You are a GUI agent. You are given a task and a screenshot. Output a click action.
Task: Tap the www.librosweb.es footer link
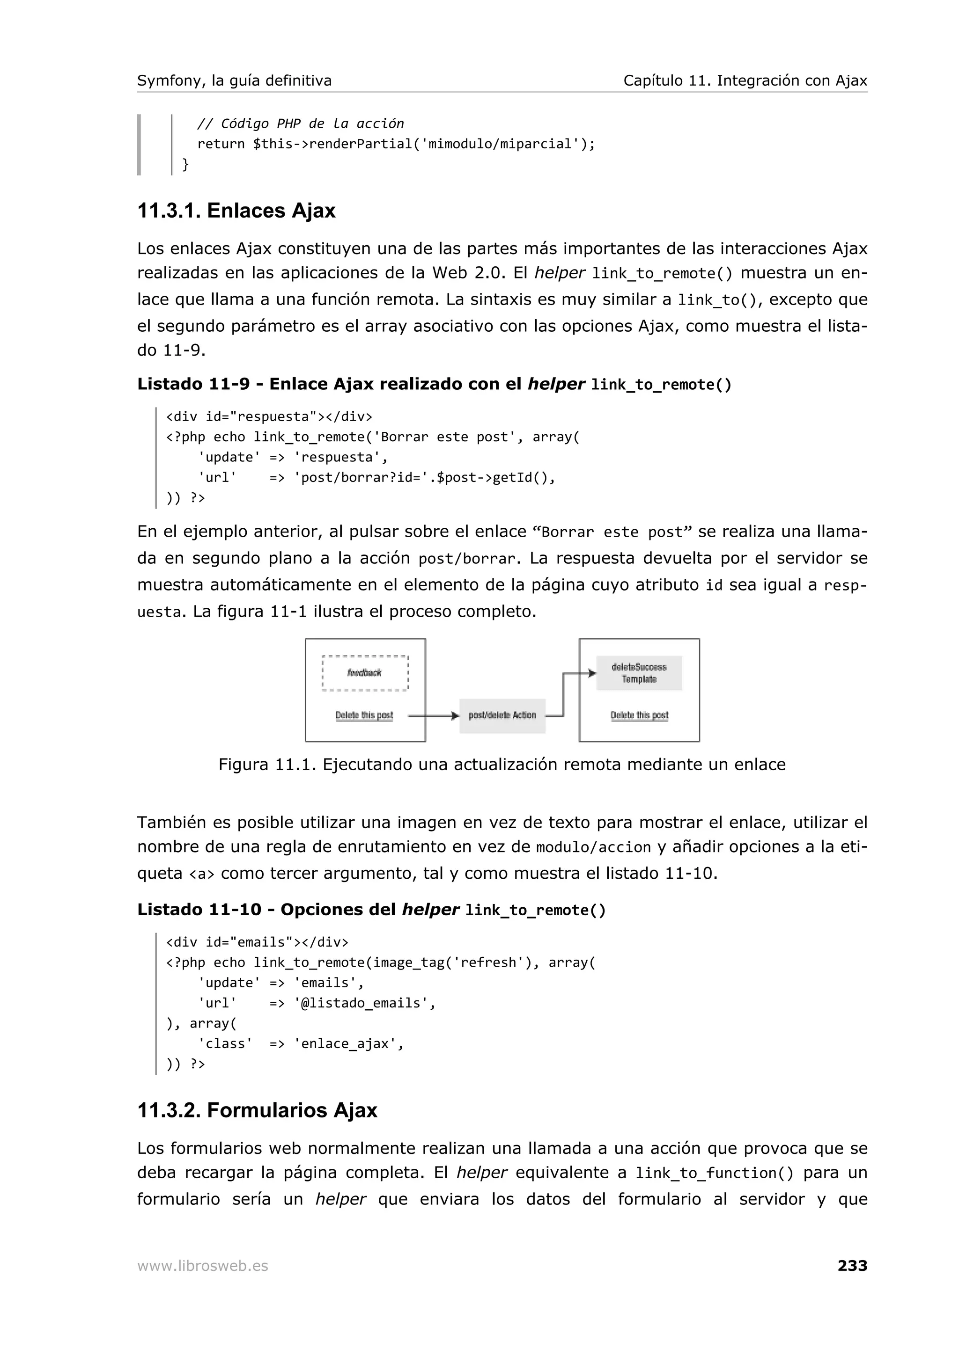coord(203,1266)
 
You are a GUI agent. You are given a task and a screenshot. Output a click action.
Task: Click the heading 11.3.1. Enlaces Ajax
coord(236,211)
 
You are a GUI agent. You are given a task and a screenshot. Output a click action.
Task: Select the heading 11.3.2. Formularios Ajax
coord(257,1110)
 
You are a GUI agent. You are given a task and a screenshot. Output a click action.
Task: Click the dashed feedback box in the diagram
coord(365,673)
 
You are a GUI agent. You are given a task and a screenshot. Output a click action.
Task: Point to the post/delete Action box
coord(502,715)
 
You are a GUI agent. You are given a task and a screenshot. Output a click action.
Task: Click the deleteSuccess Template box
coord(639,673)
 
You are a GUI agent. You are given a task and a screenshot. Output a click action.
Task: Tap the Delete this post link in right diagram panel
coord(639,715)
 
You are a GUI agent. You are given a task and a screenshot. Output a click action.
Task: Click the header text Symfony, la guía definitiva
coord(234,81)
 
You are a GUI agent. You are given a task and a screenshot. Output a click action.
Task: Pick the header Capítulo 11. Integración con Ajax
coord(745,81)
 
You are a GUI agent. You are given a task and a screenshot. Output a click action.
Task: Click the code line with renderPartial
coord(396,144)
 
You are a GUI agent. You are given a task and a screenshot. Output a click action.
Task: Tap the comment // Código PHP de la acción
coord(300,124)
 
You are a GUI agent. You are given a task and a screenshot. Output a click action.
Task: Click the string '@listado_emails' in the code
coord(364,1003)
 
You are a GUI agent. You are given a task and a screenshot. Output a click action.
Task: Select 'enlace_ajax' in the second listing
coord(348,1043)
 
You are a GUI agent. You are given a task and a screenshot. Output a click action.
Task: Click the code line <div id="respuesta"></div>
coord(269,416)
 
